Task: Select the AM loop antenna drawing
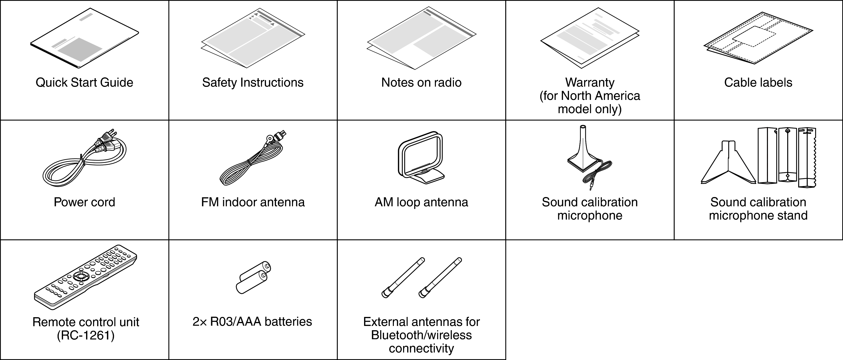coord(421,157)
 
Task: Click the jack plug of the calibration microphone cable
coord(591,187)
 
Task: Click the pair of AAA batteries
coord(253,278)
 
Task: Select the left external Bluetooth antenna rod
coord(403,278)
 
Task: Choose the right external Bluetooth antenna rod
coord(440,278)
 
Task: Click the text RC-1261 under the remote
coord(86,336)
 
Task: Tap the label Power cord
coord(84,202)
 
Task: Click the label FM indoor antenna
coord(253,202)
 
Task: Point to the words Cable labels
coord(758,82)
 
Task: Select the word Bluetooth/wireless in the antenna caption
coord(421,335)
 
